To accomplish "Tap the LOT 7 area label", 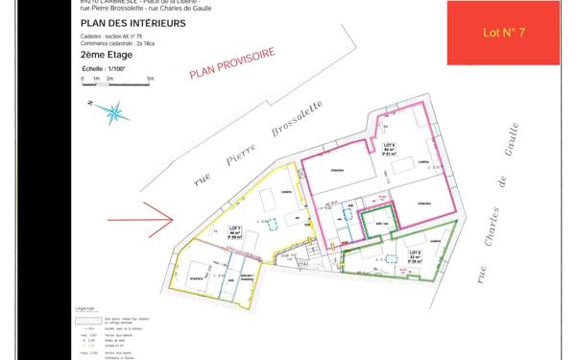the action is (236, 231).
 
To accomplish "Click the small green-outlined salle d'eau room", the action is (377, 222).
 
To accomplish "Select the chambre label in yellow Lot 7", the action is (196, 278).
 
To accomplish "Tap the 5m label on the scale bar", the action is (151, 77).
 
